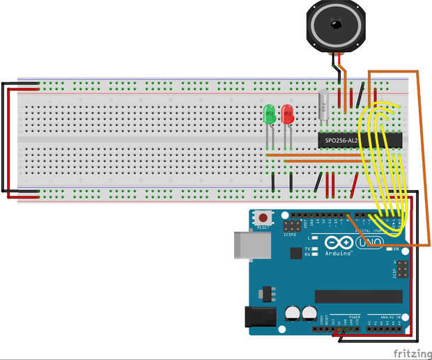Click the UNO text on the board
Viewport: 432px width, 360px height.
click(370, 244)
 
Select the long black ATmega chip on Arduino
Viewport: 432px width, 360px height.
click(363, 297)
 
